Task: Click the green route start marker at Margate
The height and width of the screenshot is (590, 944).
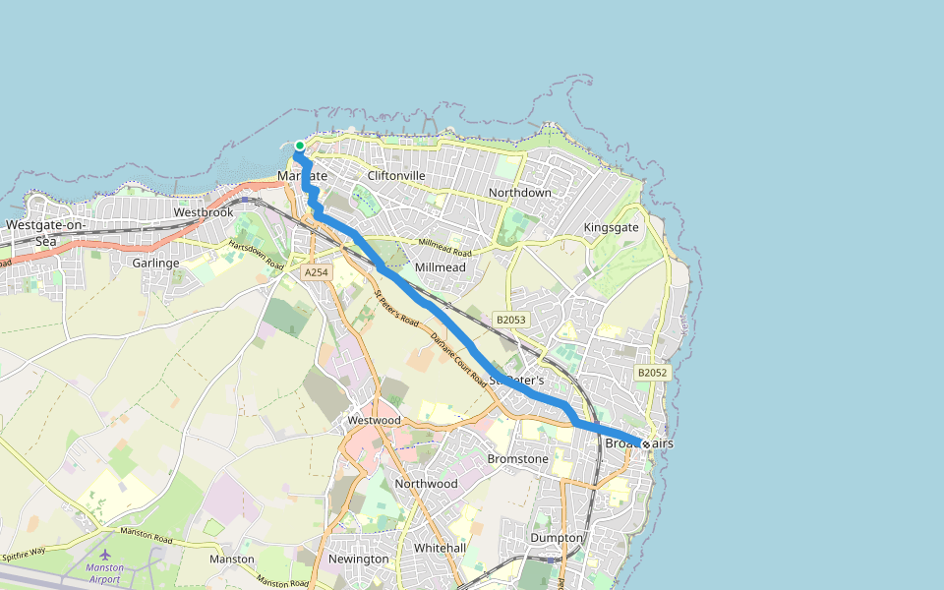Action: [x=300, y=146]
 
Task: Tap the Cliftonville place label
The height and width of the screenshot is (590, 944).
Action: [x=395, y=176]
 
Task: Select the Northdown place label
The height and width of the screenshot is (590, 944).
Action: [x=520, y=193]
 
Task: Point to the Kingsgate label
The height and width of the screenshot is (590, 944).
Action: [x=611, y=227]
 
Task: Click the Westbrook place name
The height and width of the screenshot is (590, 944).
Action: [x=204, y=212]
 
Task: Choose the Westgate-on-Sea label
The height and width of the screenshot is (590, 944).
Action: [x=46, y=232]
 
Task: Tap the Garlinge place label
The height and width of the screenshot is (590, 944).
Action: [x=155, y=264]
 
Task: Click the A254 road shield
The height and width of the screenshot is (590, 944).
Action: [x=316, y=272]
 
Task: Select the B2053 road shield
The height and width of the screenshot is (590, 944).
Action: [x=511, y=320]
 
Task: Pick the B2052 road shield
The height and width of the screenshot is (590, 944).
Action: [x=652, y=373]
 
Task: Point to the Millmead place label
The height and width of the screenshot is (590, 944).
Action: [x=441, y=267]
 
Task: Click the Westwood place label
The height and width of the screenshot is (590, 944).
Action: [x=374, y=420]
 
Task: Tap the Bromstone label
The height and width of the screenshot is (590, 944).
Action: [x=518, y=459]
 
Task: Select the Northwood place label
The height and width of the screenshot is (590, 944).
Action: [x=426, y=484]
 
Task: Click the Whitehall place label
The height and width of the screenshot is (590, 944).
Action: [x=440, y=548]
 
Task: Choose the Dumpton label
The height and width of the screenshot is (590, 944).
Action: [x=557, y=538]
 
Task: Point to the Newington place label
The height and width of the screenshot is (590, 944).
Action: [x=358, y=559]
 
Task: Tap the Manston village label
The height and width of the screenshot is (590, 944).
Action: [x=232, y=559]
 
